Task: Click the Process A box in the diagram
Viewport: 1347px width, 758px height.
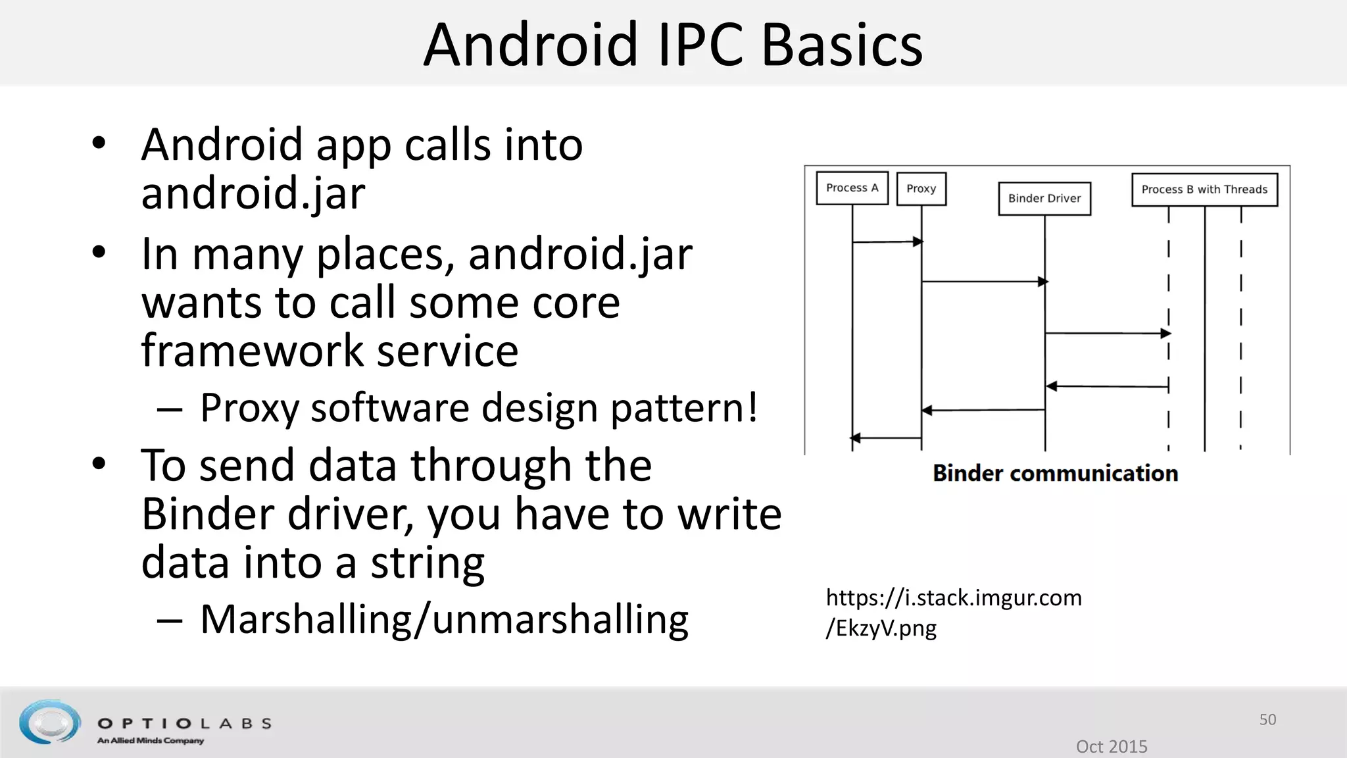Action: tap(852, 188)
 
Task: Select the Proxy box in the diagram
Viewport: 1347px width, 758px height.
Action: tap(921, 189)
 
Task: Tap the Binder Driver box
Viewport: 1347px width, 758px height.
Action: tap(1044, 198)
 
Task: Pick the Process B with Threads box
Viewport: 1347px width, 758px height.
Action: tap(1204, 189)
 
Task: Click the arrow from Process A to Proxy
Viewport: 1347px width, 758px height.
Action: tap(886, 242)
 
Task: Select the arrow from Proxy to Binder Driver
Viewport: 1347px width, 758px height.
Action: tap(983, 282)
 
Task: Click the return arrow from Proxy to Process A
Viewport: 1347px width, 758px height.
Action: tap(886, 438)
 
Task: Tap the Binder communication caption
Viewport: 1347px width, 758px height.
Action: tap(1055, 473)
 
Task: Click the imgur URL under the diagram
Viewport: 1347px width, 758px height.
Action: tap(953, 612)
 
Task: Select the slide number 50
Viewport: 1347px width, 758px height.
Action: tap(1267, 719)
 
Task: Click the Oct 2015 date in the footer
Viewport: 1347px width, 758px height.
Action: tap(1111, 746)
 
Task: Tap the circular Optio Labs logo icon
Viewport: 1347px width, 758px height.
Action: tap(50, 722)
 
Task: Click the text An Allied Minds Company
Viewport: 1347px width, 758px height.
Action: tap(151, 741)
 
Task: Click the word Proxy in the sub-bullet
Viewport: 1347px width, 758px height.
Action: tap(249, 407)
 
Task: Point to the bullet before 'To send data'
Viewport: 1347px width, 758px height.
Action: tap(99, 464)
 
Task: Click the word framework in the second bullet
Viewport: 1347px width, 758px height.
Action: tap(252, 350)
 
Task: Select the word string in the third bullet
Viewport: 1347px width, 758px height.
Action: tap(428, 563)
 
